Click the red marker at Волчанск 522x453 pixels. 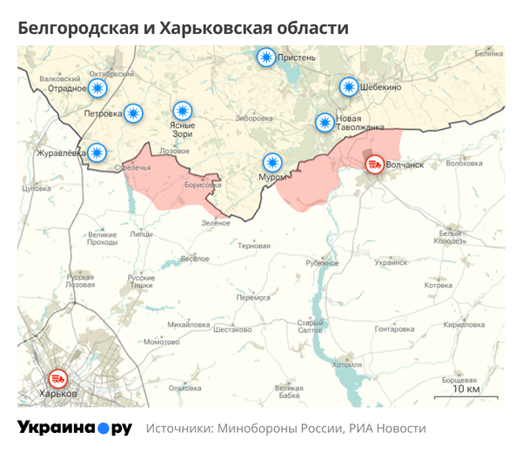(x=375, y=163)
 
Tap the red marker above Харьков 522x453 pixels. (x=59, y=379)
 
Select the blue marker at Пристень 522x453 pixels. (x=265, y=57)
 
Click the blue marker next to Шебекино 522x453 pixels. (x=348, y=87)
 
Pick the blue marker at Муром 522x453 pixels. (x=272, y=162)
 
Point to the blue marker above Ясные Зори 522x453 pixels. (x=182, y=111)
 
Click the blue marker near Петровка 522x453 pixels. (x=132, y=112)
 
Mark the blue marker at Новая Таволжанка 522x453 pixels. (x=324, y=122)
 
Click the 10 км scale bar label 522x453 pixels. (x=465, y=389)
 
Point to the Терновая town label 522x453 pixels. (x=254, y=247)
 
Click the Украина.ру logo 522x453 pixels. (x=75, y=429)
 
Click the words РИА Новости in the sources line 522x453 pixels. (x=387, y=429)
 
